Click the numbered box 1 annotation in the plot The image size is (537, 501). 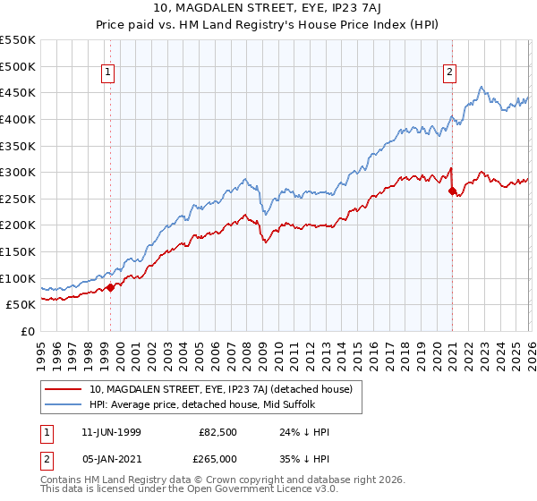pyautogui.click(x=108, y=73)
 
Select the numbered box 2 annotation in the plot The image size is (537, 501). pyautogui.click(x=448, y=73)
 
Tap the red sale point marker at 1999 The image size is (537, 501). pyautogui.click(x=111, y=287)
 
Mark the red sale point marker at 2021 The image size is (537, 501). pyautogui.click(x=452, y=191)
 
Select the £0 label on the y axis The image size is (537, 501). pyautogui.click(x=28, y=332)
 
